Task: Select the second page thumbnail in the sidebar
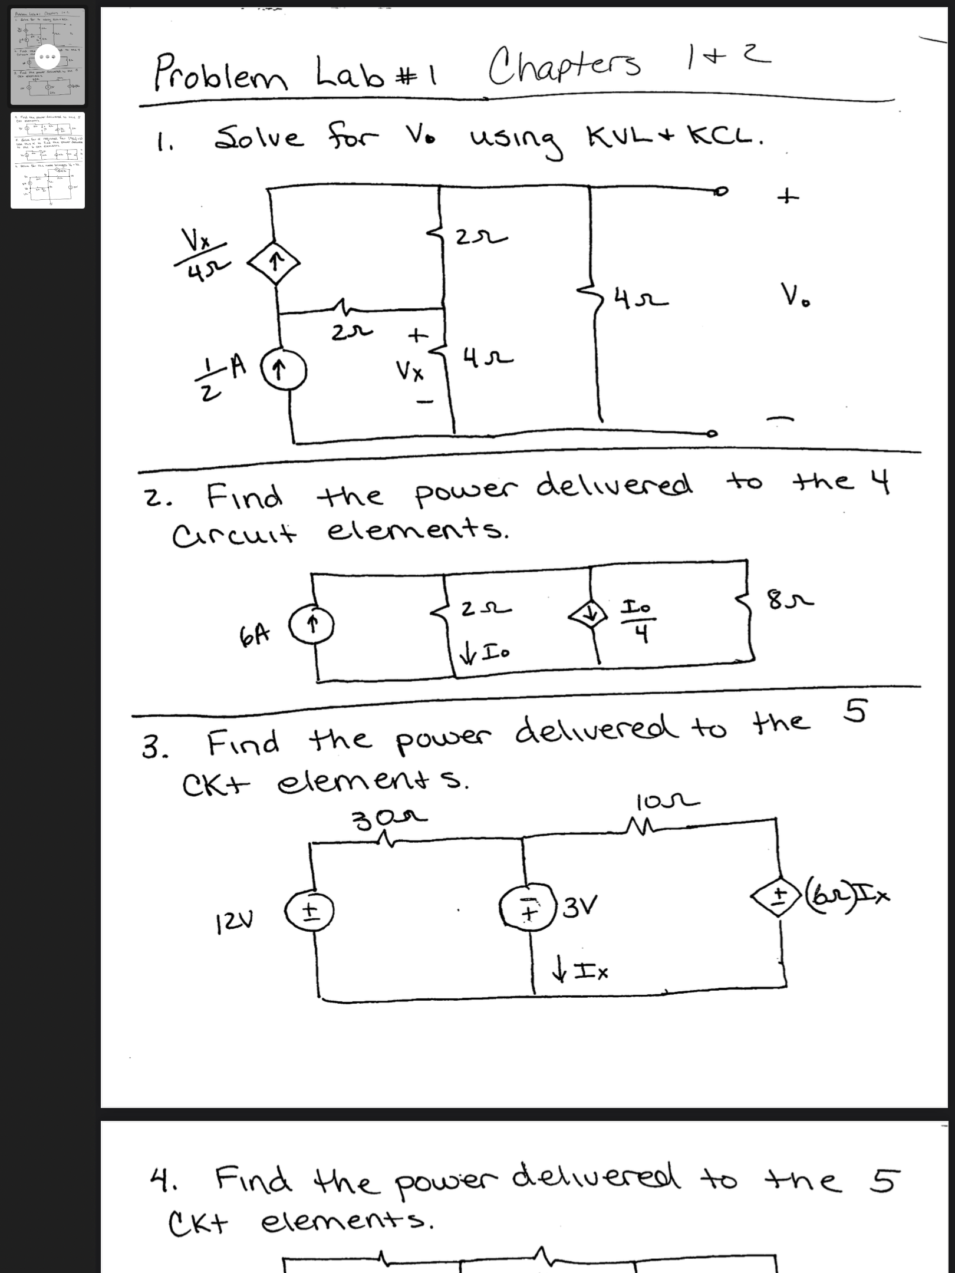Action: (x=48, y=160)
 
